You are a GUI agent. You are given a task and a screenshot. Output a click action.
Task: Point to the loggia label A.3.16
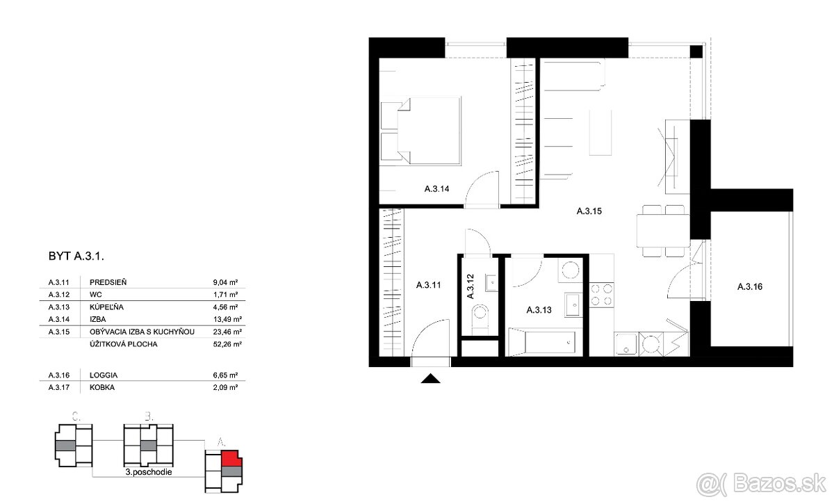coord(750,286)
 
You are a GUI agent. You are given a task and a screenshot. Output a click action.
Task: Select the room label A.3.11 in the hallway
coord(429,284)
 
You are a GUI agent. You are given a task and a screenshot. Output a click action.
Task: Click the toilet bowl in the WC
coord(480,317)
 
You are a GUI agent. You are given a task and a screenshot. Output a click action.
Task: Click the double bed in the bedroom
coord(421,131)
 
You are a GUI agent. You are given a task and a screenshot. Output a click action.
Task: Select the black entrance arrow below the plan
coord(432,379)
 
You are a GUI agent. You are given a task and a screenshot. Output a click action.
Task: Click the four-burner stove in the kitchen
coord(602,295)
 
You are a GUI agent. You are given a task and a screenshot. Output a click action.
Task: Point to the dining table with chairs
coord(663,231)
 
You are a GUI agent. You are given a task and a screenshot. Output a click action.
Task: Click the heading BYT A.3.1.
coord(76,257)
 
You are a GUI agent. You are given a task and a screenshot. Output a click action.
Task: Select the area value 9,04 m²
coord(226,282)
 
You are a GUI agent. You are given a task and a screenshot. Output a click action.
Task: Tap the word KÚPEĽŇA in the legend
coord(107,307)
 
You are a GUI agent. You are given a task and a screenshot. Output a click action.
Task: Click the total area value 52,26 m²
coord(226,343)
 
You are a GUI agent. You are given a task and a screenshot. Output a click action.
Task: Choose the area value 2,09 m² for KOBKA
coord(226,387)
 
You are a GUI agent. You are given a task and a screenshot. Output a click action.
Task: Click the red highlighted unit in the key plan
coord(231,458)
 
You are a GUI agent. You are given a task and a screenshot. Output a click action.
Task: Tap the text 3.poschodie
coord(149,471)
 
